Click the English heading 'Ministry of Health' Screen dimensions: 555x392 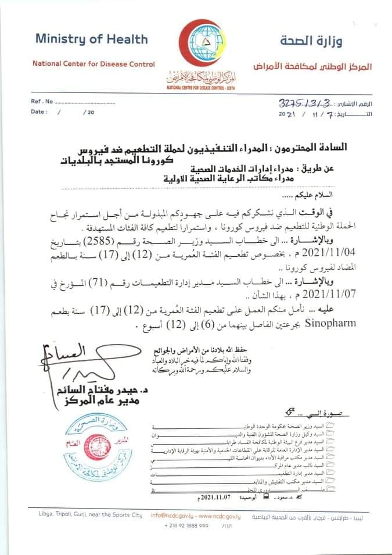92,39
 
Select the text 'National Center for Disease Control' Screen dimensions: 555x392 93,65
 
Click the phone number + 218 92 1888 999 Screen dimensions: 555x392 187,525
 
